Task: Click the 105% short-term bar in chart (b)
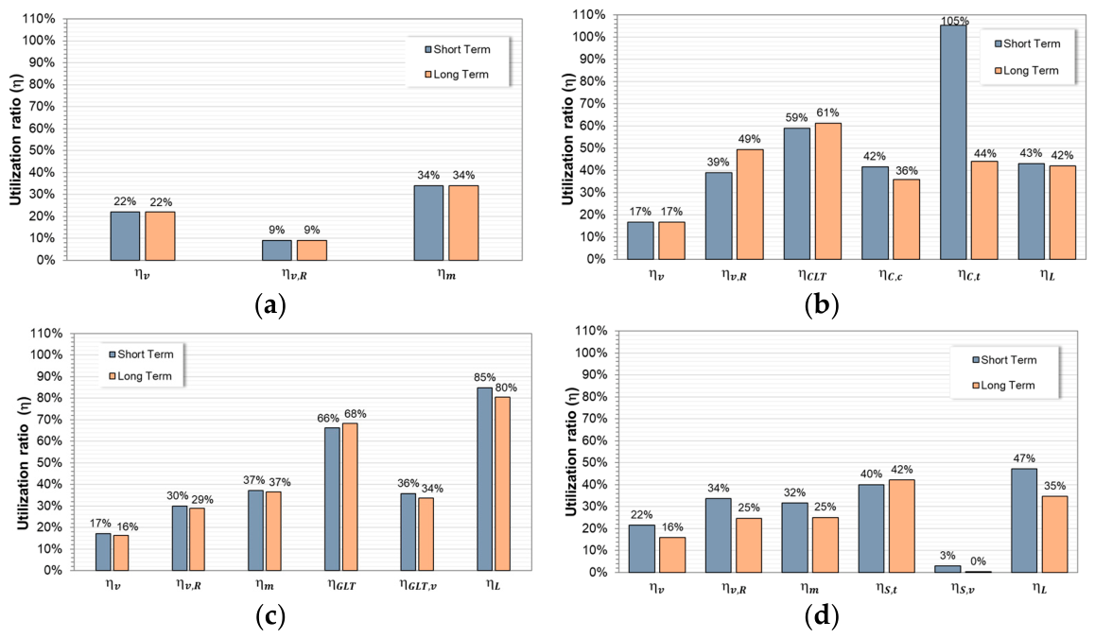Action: (x=953, y=142)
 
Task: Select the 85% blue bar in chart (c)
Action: (x=485, y=479)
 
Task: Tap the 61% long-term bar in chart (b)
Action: (x=828, y=191)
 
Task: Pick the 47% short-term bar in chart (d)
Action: (x=1024, y=521)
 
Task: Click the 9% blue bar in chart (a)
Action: (x=276, y=250)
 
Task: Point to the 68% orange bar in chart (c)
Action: (x=350, y=497)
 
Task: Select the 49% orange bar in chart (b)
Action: (x=750, y=204)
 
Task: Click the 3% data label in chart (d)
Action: (x=947, y=556)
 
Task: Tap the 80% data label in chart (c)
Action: (x=506, y=388)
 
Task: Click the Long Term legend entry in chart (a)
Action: (x=457, y=74)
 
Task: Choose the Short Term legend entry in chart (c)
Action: (x=141, y=353)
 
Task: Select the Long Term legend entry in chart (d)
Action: (x=1003, y=386)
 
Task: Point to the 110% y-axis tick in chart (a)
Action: (x=39, y=19)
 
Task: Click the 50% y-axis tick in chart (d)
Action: (x=592, y=462)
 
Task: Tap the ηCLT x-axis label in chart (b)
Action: (x=812, y=275)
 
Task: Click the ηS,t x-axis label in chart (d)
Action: (x=886, y=589)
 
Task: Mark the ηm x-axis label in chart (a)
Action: (x=447, y=274)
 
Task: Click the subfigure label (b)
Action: (x=822, y=305)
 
